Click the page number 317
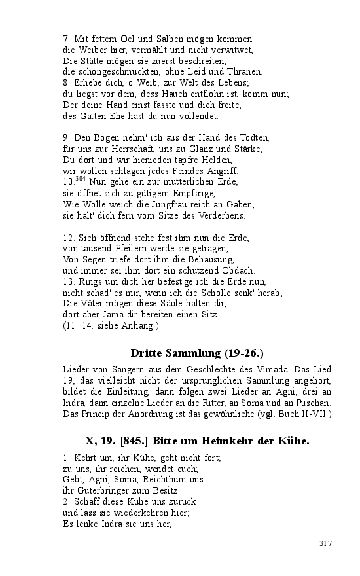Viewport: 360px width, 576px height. click(x=326, y=543)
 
